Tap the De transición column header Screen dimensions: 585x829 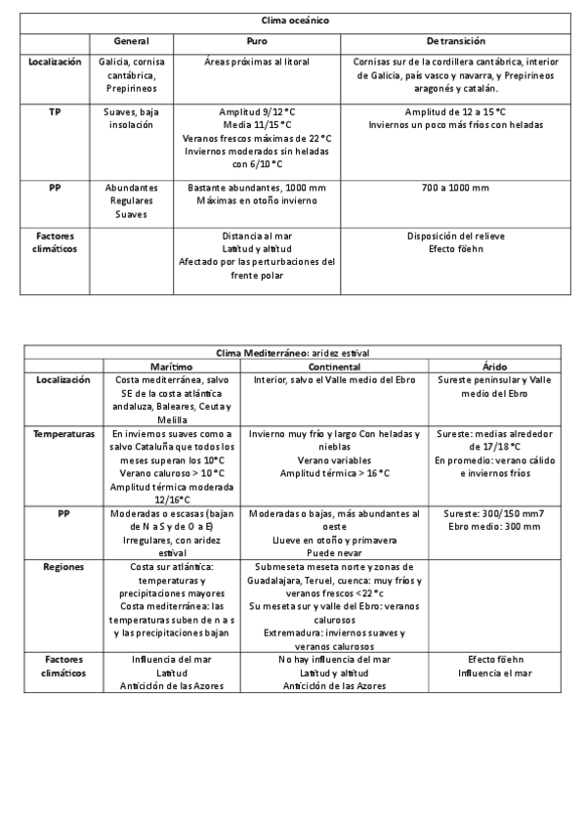click(456, 41)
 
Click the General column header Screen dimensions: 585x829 click(131, 41)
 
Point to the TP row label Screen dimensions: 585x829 click(55, 111)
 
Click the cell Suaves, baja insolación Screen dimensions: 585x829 click(131, 118)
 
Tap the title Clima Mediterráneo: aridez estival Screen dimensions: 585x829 click(293, 352)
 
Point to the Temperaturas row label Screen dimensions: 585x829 click(63, 432)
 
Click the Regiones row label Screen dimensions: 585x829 click(63, 566)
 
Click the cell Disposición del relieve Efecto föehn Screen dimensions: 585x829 click(456, 241)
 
